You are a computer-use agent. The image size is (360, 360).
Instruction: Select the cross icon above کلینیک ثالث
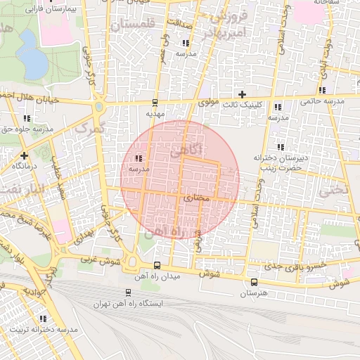(243, 94)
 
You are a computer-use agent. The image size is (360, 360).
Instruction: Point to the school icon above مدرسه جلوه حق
(27, 118)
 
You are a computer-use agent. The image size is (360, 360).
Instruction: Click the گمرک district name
(89, 129)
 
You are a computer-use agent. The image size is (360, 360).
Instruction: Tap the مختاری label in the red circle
(196, 199)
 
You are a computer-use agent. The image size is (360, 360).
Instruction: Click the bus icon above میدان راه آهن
(156, 265)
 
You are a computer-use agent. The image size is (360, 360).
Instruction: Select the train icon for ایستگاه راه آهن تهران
(127, 292)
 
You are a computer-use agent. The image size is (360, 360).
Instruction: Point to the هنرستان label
(253, 293)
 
